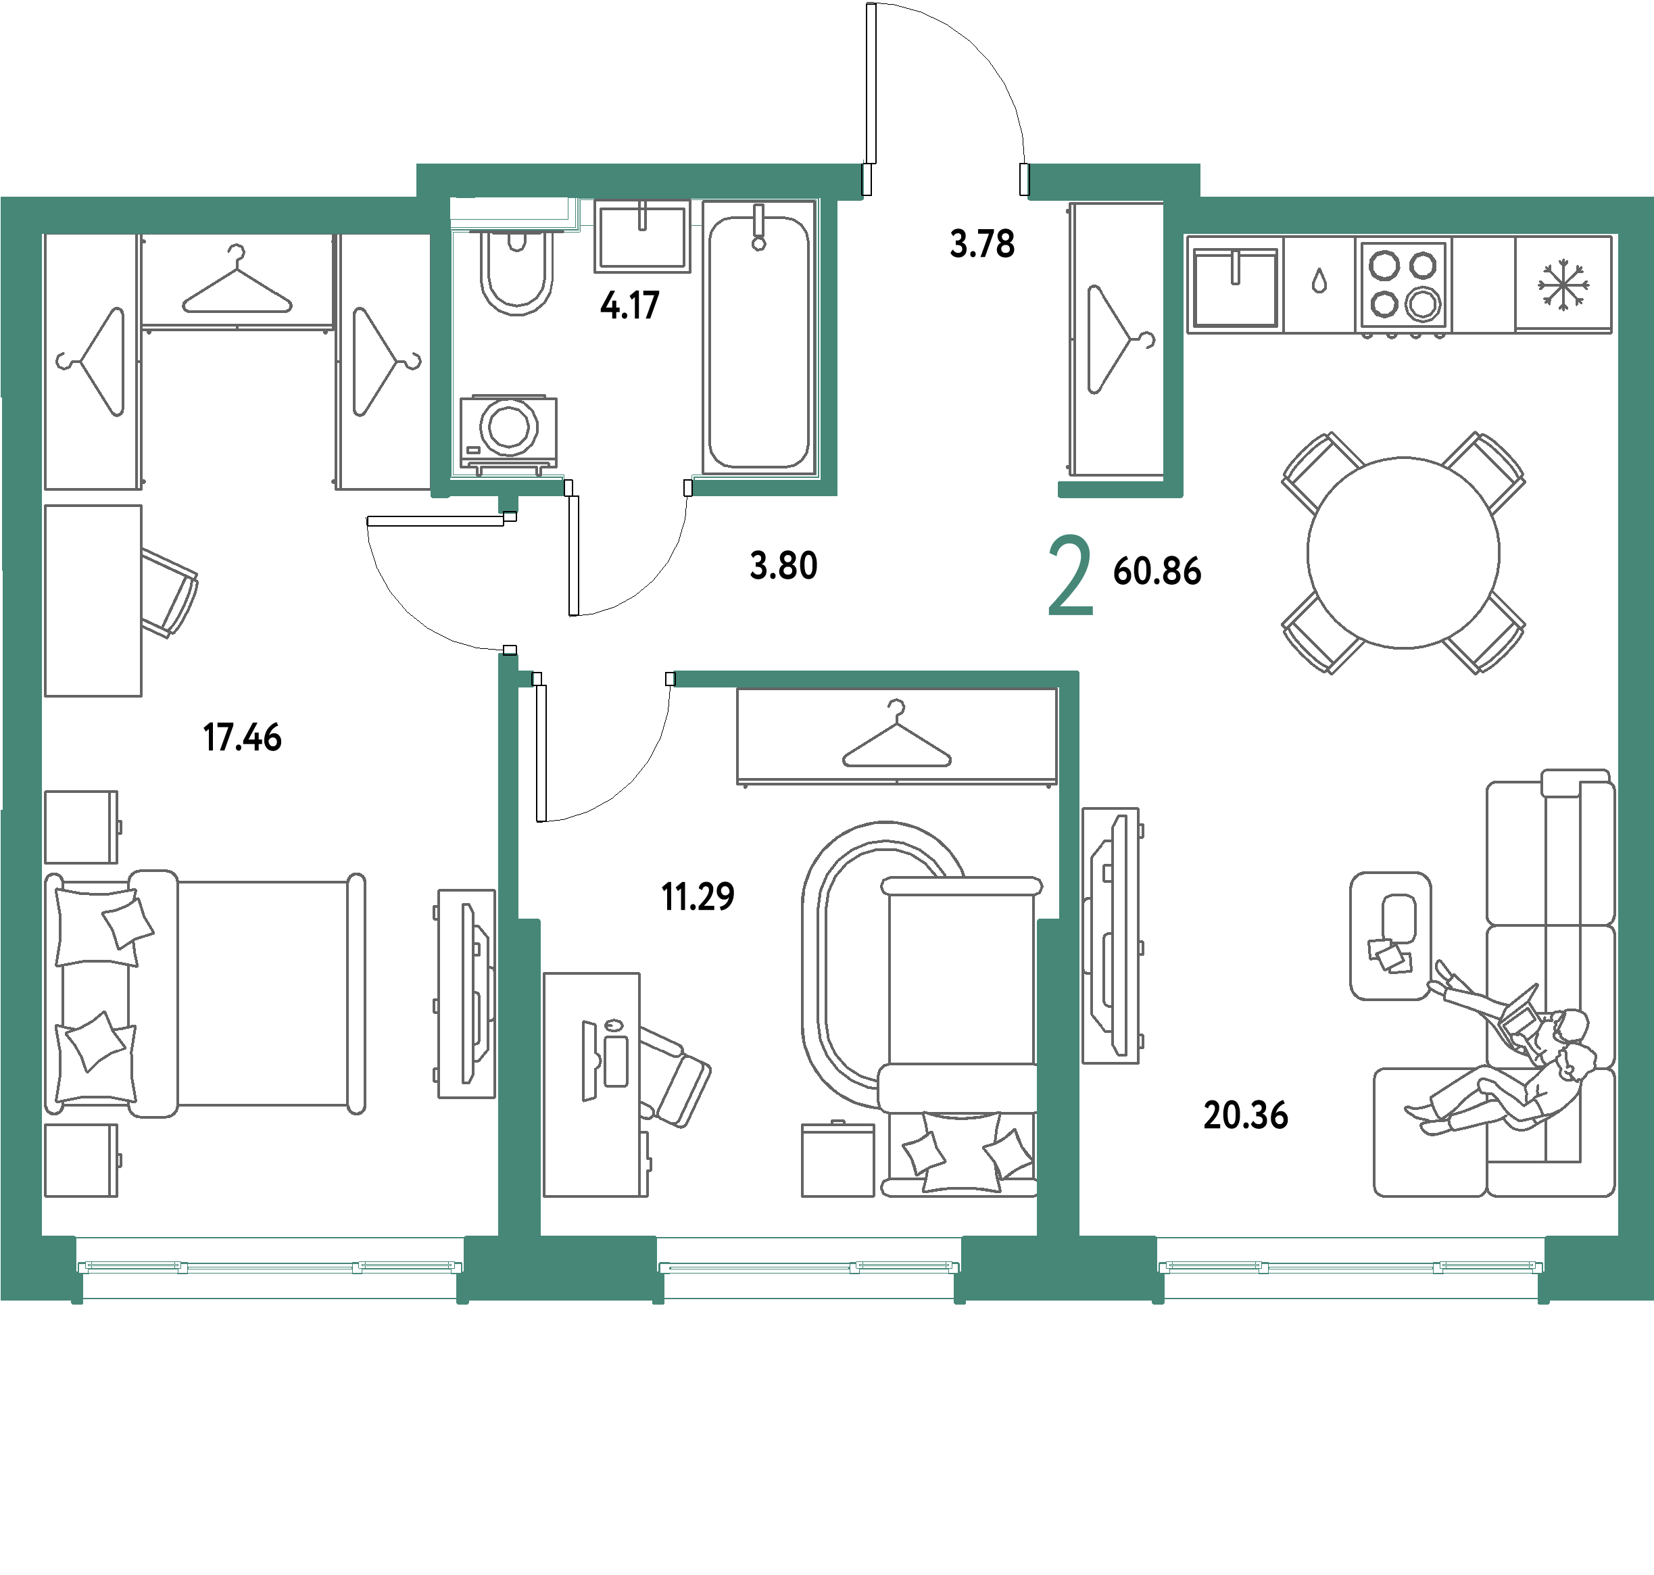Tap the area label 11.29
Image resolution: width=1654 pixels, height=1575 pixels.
coord(698,896)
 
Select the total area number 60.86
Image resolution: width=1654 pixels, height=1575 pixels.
coord(1157,571)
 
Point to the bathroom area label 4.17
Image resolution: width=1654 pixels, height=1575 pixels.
coord(630,306)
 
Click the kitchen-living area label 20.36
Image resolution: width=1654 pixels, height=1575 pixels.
coord(1245,1115)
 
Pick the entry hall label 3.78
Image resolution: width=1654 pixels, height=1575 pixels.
coord(982,244)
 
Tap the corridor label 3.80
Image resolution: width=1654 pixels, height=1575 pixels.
coord(783,566)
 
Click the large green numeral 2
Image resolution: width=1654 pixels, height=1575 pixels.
coord(1071,577)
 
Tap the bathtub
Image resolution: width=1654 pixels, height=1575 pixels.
coord(759,337)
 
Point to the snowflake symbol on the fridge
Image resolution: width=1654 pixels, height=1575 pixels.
coord(1563,285)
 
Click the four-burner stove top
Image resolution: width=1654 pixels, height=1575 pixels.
coord(1404,284)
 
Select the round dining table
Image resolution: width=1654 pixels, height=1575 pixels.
coord(1403,552)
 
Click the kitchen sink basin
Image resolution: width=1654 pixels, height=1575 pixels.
coord(1234,288)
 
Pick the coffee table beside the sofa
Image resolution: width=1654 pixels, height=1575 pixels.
coord(1390,936)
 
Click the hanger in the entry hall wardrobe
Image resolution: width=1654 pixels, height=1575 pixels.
coord(1121,339)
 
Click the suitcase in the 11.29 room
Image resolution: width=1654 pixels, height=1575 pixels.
coord(838,1159)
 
